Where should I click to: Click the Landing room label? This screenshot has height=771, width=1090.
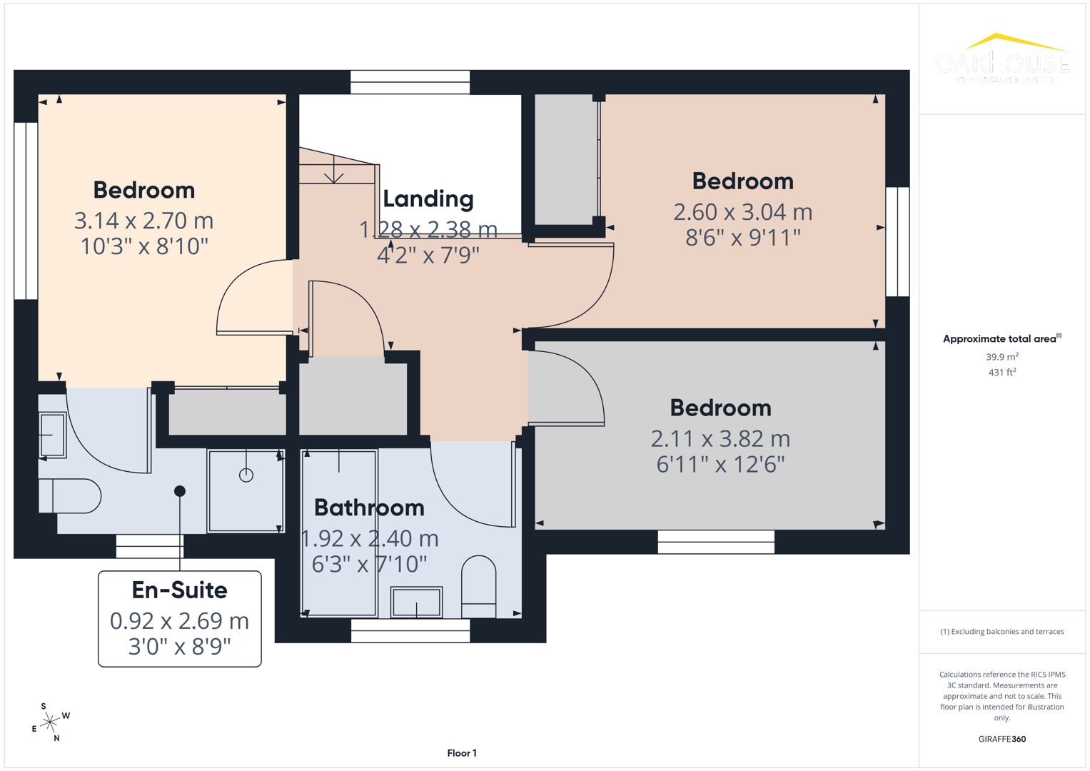click(428, 199)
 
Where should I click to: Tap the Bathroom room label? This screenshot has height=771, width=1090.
click(369, 508)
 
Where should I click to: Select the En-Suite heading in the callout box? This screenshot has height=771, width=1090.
click(180, 590)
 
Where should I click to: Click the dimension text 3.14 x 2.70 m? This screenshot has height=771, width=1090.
click(144, 221)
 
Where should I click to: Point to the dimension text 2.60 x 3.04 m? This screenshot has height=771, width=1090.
click(743, 212)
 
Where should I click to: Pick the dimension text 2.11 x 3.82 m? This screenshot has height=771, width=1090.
click(720, 438)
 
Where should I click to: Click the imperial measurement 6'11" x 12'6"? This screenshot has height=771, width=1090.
click(720, 465)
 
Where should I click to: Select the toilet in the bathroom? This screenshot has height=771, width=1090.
click(479, 586)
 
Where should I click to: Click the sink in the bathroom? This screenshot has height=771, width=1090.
click(416, 603)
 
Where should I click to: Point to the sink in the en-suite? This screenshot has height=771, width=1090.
click(52, 435)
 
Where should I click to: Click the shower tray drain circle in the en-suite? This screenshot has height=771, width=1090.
click(246, 475)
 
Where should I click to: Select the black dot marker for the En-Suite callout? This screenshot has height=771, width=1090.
click(180, 491)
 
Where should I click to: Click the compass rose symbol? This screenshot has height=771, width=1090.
click(50, 722)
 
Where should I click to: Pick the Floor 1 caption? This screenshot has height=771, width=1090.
click(462, 753)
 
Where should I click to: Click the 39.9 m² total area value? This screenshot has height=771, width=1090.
click(1001, 357)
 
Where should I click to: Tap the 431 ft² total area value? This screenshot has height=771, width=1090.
click(1001, 373)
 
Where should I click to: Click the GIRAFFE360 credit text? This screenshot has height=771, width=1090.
click(1001, 739)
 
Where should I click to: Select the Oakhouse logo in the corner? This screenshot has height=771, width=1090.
click(1001, 59)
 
